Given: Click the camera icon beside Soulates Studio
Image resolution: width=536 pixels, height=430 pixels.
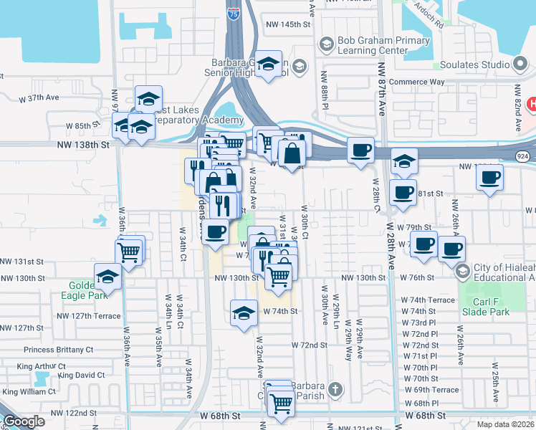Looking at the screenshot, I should click(520, 64).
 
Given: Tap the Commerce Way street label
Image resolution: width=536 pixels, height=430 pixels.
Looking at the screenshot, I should click(417, 82).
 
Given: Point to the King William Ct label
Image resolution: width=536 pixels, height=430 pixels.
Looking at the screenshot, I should click(27, 391).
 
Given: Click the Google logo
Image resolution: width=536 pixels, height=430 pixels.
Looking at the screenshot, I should click(24, 422).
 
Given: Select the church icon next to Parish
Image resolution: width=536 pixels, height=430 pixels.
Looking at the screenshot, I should click(334, 391).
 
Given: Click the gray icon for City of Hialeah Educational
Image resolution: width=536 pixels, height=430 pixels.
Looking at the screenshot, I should click(462, 271).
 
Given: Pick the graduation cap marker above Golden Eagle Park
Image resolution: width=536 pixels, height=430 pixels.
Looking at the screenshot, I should click(108, 275).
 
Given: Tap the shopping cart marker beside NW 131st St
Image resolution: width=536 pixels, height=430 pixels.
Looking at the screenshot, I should click(128, 252).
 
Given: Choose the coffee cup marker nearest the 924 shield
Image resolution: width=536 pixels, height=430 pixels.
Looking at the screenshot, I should click(490, 176).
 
